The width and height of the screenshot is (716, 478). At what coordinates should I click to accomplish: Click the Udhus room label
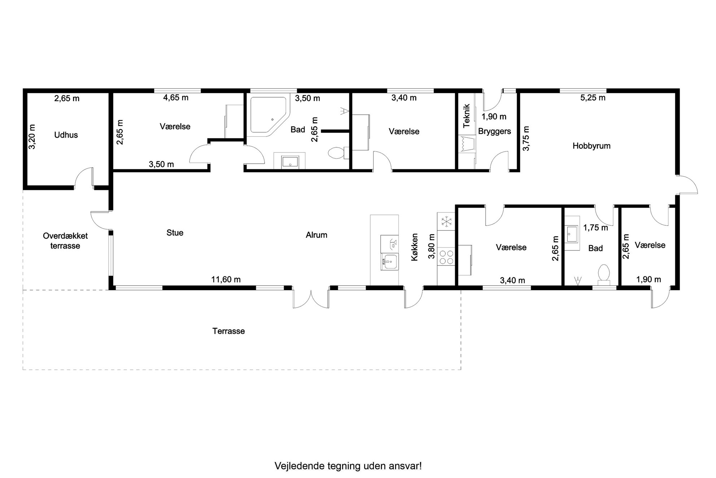coord(66,135)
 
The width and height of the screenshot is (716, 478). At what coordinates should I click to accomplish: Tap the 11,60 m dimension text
coord(226,279)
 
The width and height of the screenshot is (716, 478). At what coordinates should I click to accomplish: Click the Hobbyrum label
coord(591,146)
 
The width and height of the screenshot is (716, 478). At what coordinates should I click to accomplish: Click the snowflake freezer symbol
coord(446,221)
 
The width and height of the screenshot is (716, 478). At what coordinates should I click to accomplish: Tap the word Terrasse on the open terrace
coord(228,331)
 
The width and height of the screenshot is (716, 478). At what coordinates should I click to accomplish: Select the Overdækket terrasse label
coord(65,241)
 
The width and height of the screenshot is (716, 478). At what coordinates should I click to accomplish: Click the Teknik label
coord(467,116)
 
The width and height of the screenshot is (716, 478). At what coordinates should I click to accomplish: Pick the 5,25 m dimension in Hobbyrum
coord(593,98)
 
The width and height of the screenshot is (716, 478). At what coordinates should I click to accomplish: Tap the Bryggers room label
coord(494,131)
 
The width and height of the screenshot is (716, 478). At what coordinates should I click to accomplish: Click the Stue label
coord(175,233)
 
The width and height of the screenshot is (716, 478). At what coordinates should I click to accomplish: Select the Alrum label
coord(316,235)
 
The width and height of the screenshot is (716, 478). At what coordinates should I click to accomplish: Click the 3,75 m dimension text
coord(526,138)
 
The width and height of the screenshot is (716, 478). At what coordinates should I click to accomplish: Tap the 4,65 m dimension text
coord(176,97)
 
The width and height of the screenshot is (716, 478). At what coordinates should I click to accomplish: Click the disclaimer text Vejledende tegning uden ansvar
coord(348,466)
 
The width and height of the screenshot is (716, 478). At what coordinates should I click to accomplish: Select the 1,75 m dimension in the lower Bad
coord(595,228)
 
